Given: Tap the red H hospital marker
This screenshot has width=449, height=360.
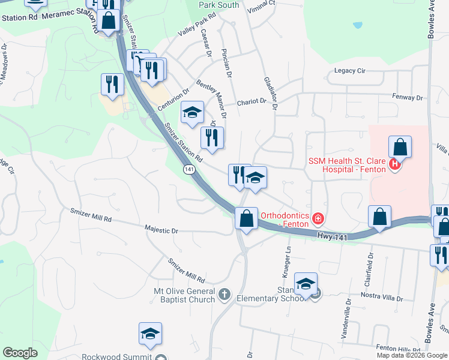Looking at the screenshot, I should click(x=394, y=164).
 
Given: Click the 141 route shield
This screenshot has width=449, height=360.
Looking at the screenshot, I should click(x=190, y=170).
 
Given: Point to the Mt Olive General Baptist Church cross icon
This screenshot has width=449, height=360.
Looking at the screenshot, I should click(x=224, y=293).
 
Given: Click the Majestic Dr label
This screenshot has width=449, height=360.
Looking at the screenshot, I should click(x=161, y=230).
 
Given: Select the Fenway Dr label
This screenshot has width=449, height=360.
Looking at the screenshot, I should click(x=408, y=96).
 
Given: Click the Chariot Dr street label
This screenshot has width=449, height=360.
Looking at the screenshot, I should click(x=251, y=102).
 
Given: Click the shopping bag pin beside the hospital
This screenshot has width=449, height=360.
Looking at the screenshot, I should click(x=400, y=148).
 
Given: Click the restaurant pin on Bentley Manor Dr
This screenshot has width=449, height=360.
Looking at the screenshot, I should click(x=212, y=139).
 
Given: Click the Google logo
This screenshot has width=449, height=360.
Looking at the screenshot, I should click(x=20, y=353).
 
